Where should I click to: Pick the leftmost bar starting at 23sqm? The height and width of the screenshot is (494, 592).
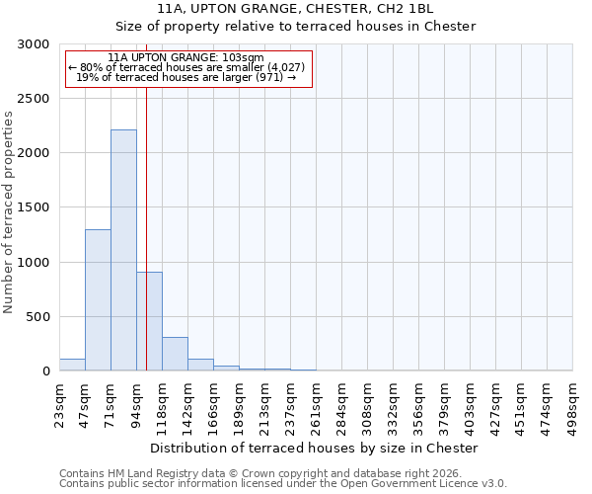pyautogui.click(x=72, y=365)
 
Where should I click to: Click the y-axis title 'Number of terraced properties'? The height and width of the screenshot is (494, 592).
pyautogui.click(x=9, y=211)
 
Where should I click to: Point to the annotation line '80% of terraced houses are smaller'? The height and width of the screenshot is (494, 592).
pyautogui.click(x=186, y=67)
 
